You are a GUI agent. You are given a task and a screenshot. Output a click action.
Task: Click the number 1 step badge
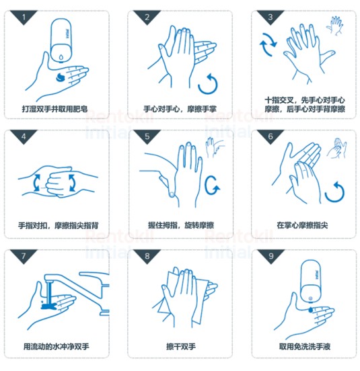[24, 16]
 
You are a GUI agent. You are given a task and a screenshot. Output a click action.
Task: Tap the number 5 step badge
[147, 136]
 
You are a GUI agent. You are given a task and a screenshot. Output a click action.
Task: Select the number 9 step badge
[271, 255]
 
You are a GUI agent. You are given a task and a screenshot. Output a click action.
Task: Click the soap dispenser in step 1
[62, 41]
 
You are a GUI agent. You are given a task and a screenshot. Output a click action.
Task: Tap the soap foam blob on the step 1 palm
[61, 77]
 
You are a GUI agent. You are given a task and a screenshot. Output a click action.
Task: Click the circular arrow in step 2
[208, 84]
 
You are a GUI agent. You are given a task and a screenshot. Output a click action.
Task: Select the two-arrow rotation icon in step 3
[268, 44]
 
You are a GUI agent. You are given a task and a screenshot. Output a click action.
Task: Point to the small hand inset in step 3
[334, 26]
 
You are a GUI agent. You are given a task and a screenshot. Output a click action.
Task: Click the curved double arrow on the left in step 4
[37, 183]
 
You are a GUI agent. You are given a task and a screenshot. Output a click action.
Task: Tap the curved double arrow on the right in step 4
[72, 183]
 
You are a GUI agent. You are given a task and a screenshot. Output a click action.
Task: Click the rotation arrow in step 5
[211, 185]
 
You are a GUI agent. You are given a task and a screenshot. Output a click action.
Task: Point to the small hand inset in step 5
[215, 147]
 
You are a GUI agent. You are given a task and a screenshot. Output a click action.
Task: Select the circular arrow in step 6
[334, 192]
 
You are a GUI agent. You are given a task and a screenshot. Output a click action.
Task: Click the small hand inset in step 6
[337, 149]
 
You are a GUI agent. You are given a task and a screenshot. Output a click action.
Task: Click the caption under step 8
[181, 347]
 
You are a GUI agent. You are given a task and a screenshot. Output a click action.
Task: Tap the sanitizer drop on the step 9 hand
[310, 310]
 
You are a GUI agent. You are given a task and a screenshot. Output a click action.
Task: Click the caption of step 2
[180, 109]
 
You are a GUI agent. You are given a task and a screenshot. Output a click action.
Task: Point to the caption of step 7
[56, 347]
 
